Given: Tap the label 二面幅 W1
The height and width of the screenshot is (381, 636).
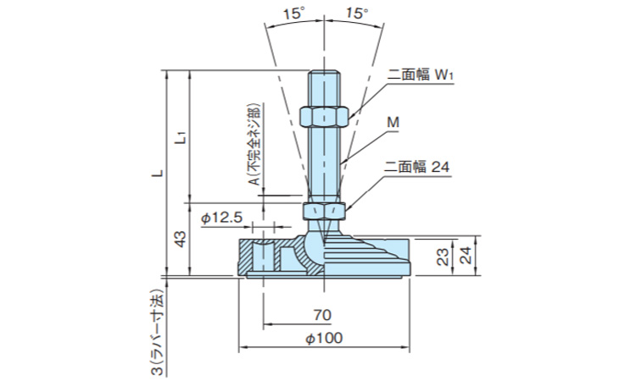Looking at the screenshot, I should (x=422, y=75).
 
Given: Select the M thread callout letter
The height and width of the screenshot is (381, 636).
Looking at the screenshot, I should (x=393, y=122).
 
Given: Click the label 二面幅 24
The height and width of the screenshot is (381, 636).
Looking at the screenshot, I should (x=416, y=168).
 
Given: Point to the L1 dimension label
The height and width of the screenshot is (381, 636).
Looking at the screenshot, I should (x=181, y=137).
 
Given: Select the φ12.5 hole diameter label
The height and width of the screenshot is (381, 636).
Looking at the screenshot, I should (x=222, y=218).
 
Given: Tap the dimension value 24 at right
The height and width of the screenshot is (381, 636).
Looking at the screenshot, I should (x=464, y=257).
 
